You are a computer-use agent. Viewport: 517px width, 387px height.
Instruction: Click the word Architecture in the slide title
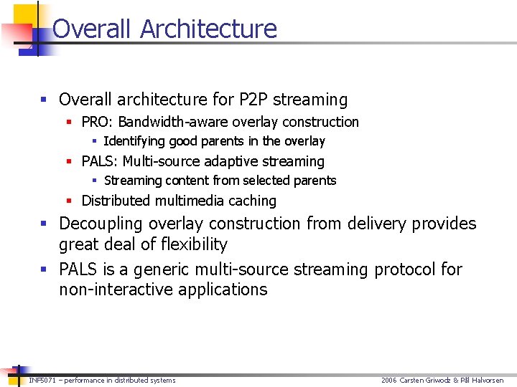208,29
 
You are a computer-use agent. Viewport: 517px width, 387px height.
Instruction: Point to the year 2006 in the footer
388,380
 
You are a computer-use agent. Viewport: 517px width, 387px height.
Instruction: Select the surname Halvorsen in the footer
488,380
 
